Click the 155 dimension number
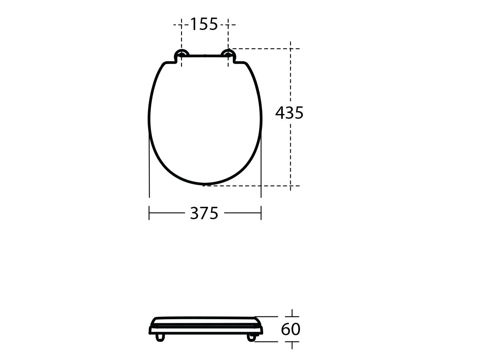pyautogui.click(x=203, y=24)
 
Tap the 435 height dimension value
pyautogui.click(x=289, y=114)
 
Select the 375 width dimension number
pyautogui.click(x=204, y=214)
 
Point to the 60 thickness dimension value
pyautogui.click(x=290, y=330)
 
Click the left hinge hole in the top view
pyautogui.click(x=182, y=54)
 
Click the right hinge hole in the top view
pyautogui.click(x=228, y=54)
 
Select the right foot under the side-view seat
pyautogui.click(x=251, y=338)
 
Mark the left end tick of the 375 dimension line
pyautogui.click(x=149, y=213)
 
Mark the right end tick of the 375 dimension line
pyautogui.click(x=261, y=213)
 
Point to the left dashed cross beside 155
pyautogui.click(x=181, y=25)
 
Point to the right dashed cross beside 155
pyautogui.click(x=228, y=25)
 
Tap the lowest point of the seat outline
pyautogui.click(x=204, y=184)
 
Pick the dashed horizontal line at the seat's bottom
pyautogui.click(x=248, y=186)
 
